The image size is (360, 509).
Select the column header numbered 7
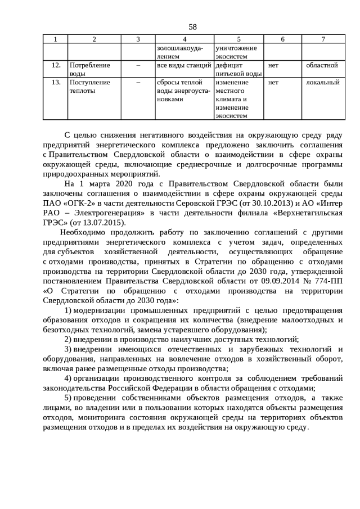tap(323, 39)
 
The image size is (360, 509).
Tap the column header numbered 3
tap(138, 39)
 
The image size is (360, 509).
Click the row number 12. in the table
tap(55, 65)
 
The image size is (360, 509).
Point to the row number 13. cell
tap(55, 82)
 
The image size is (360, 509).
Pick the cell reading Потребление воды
tap(89, 69)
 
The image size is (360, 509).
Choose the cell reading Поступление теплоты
tap(89, 86)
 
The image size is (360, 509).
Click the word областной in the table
tap(322, 65)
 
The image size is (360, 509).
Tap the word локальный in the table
tap(322, 82)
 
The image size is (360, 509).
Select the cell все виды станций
tap(184, 65)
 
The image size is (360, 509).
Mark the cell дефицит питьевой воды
tap(238, 69)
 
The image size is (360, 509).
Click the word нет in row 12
tap(274, 65)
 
